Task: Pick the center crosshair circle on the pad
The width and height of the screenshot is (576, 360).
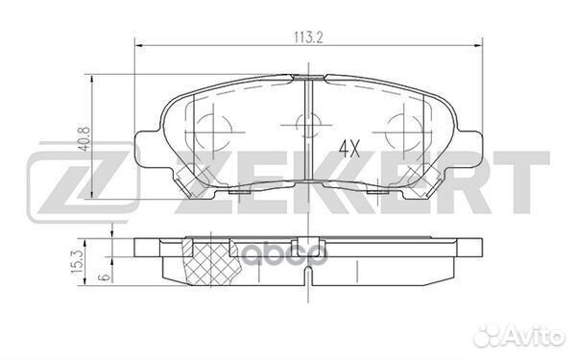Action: [x=306, y=124]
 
